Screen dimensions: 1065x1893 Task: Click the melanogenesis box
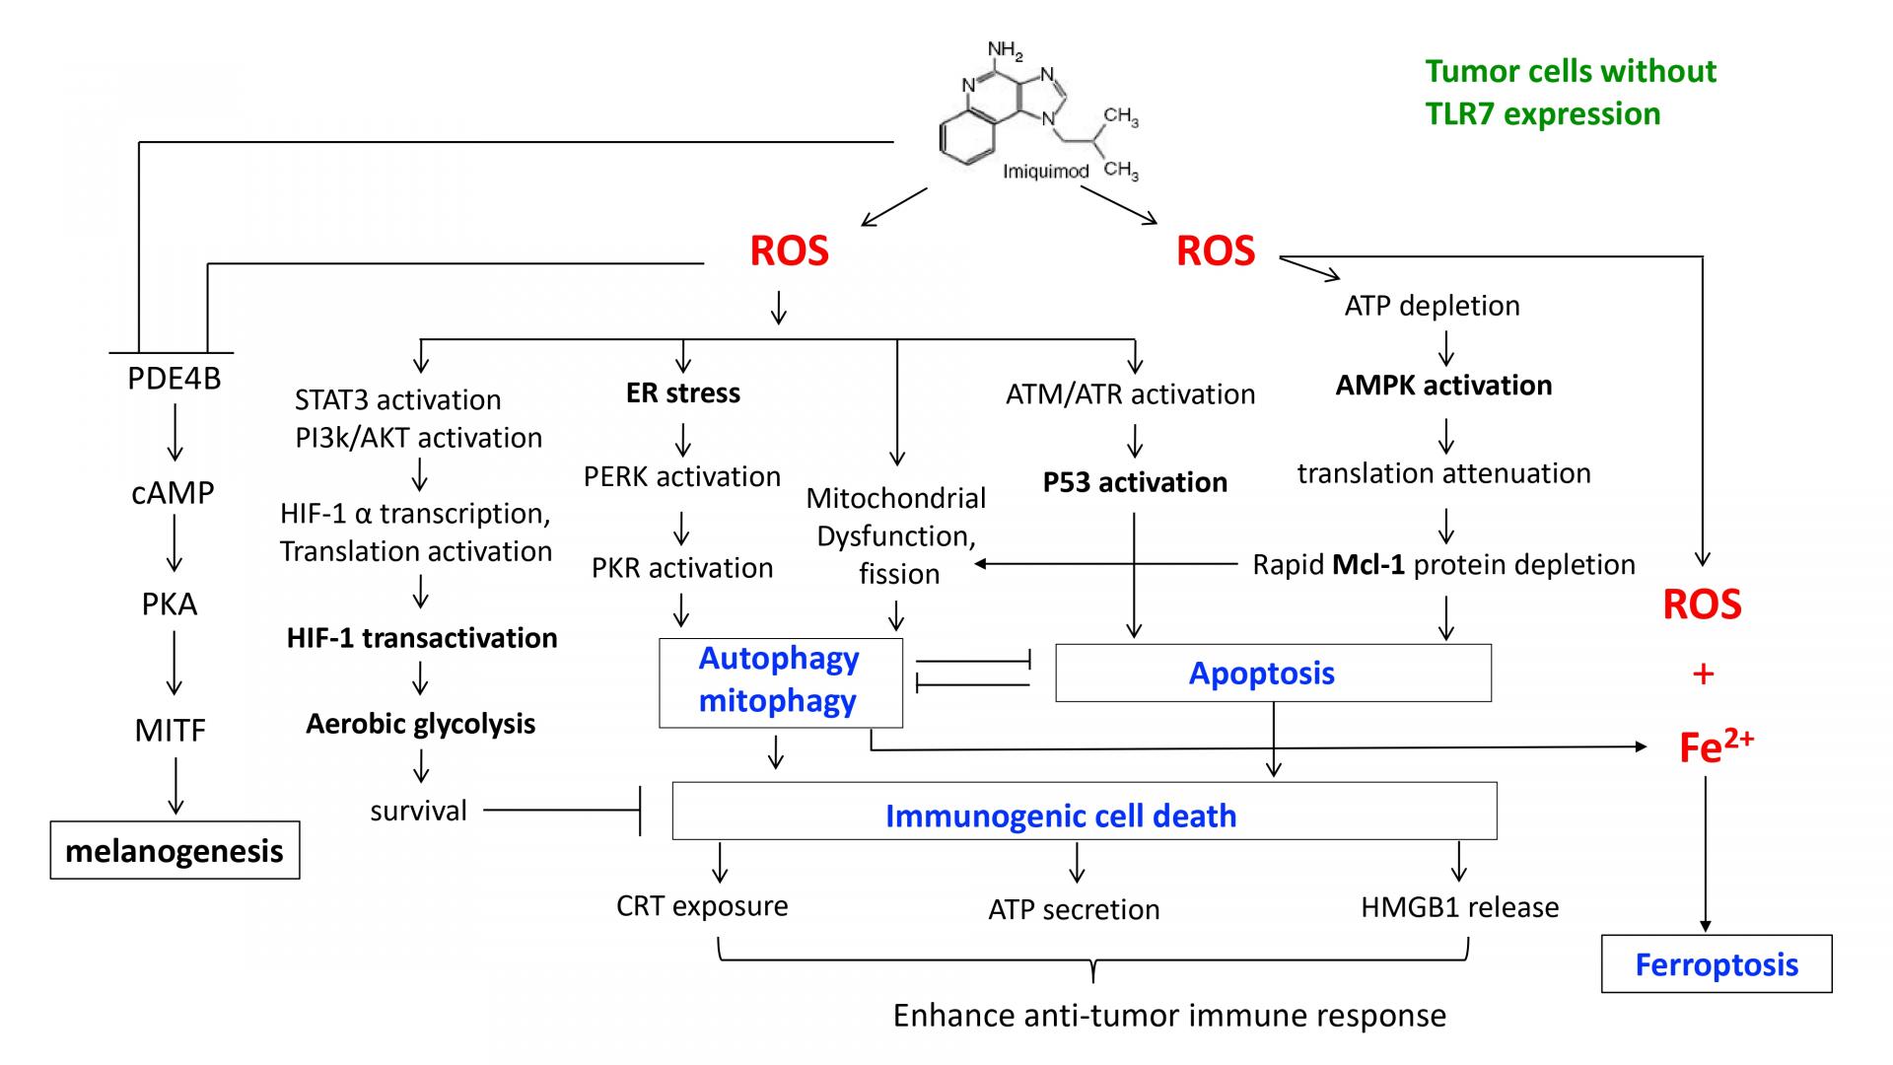(175, 850)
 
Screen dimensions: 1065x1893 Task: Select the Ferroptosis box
(1717, 963)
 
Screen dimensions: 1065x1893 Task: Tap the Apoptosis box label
(1261, 673)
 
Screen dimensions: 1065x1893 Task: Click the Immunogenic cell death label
(1061, 816)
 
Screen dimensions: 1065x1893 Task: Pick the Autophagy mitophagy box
(779, 680)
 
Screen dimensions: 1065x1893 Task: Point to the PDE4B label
(175, 379)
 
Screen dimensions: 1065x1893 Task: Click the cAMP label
(173, 492)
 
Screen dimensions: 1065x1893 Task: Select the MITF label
(171, 731)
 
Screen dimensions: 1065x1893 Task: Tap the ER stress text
(682, 392)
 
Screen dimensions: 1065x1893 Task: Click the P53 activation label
(1135, 482)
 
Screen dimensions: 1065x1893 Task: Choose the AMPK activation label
(1443, 386)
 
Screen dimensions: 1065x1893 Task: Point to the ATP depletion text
(1432, 306)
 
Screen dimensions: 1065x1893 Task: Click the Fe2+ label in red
(1716, 747)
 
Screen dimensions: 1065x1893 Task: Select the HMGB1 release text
(1459, 907)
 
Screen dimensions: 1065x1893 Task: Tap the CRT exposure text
(702, 906)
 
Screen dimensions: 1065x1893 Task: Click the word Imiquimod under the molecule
(1045, 172)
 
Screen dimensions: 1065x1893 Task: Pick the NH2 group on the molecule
(1005, 50)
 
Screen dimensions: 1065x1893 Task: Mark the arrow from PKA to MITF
(173, 663)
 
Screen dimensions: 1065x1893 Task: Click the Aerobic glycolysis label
(420, 724)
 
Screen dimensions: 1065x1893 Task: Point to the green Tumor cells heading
(1571, 92)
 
